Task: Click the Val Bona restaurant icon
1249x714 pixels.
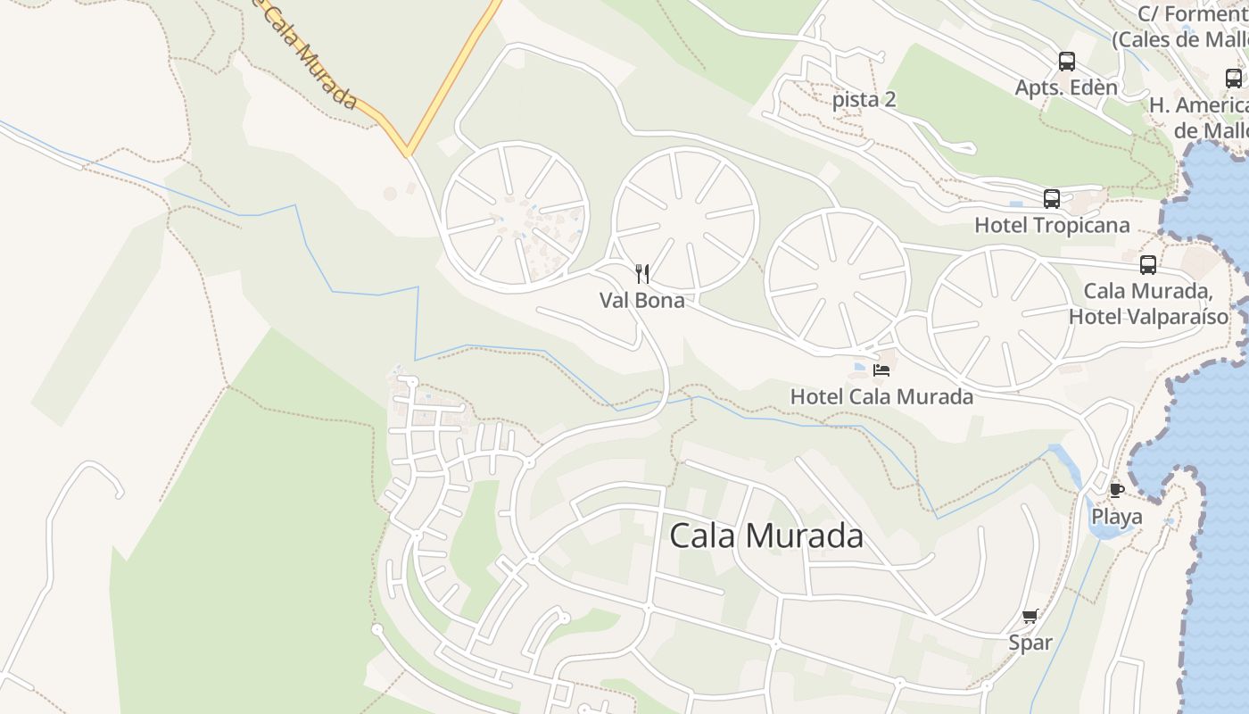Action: point(641,273)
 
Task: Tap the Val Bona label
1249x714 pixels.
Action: point(642,300)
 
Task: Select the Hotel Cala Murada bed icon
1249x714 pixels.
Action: point(881,369)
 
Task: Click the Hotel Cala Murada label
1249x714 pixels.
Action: point(881,396)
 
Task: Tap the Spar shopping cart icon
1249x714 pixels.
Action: point(1030,616)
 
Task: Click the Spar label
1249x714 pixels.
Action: point(1030,643)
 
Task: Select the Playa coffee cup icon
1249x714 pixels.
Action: point(1116,489)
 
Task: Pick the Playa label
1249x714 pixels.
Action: point(1117,517)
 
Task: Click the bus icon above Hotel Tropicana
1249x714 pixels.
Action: point(1052,198)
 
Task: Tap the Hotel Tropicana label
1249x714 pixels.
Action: point(1052,225)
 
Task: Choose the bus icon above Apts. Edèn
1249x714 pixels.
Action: point(1067,62)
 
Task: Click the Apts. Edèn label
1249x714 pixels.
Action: point(1066,87)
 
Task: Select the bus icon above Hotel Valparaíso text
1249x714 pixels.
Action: point(1148,264)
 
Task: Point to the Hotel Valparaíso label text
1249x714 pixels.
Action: point(1148,316)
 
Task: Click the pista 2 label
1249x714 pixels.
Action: point(864,99)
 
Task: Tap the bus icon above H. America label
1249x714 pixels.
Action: point(1234,79)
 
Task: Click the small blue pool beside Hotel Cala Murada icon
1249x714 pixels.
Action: point(859,367)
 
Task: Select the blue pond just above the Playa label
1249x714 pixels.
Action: point(1098,532)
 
